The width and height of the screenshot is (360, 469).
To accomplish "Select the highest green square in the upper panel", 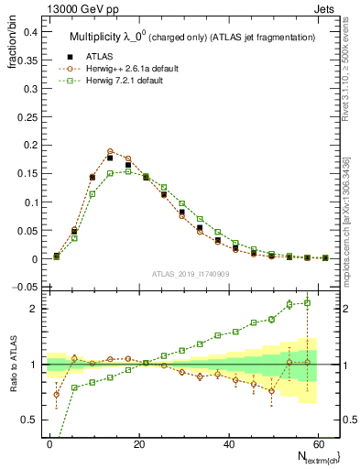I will point(128,171).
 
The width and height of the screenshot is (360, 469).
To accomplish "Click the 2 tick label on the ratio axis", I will point(32,309).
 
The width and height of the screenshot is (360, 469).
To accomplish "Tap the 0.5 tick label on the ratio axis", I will point(27,420).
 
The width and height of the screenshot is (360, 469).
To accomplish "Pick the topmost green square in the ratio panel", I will point(307,302).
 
